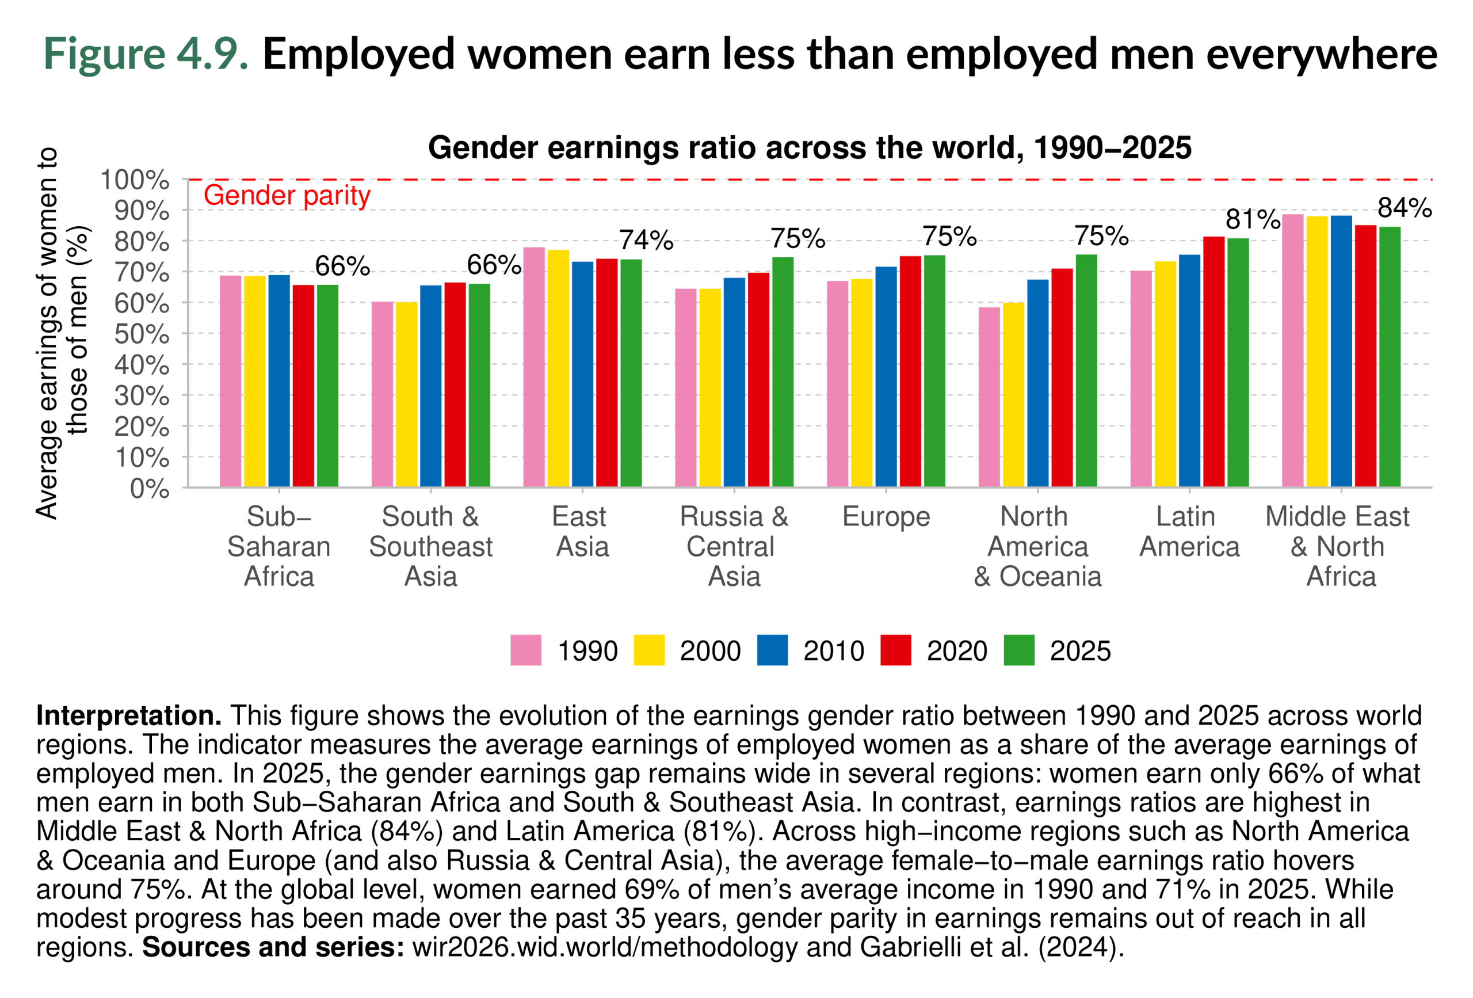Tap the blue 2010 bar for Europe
[x=886, y=376]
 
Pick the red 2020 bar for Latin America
[x=1213, y=361]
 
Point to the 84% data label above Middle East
[x=1405, y=208]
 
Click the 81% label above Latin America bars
[x=1253, y=219]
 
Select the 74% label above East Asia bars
[x=646, y=239]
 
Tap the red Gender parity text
[x=287, y=195]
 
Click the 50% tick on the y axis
[x=142, y=334]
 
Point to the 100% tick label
[x=135, y=180]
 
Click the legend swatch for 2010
[x=772, y=650]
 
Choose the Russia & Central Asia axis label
[x=734, y=546]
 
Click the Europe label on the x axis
[x=886, y=517]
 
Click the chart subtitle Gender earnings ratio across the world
[x=810, y=147]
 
